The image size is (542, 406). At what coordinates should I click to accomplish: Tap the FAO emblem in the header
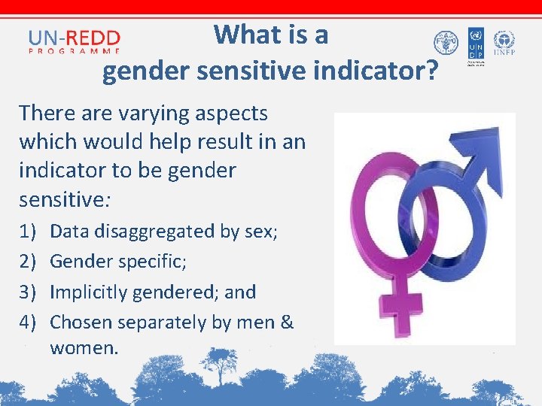[x=446, y=43]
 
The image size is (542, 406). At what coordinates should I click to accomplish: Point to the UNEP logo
[x=504, y=43]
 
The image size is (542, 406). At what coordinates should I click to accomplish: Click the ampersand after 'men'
[x=286, y=323]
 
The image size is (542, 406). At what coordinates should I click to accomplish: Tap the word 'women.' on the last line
[x=84, y=348]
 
